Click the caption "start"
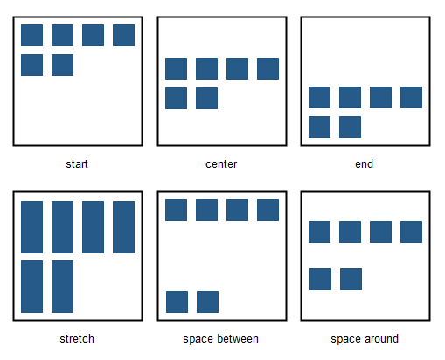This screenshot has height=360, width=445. (77, 164)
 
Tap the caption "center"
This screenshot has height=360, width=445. (221, 164)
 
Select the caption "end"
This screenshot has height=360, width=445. (364, 164)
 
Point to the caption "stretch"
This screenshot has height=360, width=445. (77, 339)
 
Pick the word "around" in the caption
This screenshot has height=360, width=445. (381, 339)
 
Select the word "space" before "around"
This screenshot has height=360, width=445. (345, 339)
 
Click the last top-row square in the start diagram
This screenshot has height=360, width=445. (123, 35)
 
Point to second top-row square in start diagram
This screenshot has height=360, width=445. (62, 35)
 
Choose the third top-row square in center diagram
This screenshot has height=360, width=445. (237, 68)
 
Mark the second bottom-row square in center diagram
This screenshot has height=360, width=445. (206, 98)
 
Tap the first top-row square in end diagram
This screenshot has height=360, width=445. (319, 97)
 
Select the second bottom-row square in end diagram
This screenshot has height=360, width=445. (350, 127)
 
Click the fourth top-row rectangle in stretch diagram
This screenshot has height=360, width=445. (123, 227)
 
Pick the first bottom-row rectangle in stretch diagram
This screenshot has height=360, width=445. (31, 287)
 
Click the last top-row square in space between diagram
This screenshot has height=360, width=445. (268, 210)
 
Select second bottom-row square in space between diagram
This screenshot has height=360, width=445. (207, 301)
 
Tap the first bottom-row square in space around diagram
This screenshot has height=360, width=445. (320, 279)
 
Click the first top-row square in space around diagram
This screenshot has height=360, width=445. (319, 232)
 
